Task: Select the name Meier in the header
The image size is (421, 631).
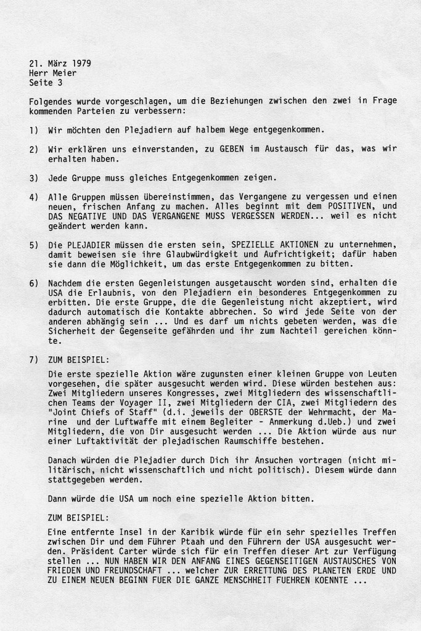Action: point(65,73)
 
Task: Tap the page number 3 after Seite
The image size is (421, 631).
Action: point(60,82)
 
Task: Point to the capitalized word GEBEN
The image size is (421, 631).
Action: point(210,150)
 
